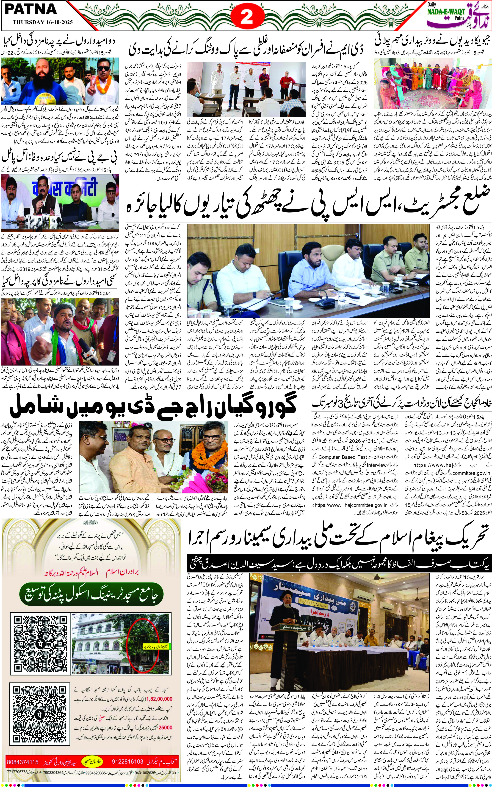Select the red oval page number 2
246,17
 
